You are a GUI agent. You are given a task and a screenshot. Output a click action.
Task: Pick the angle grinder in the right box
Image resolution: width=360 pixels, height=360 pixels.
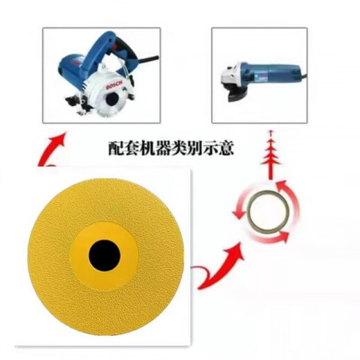click(x=259, y=71)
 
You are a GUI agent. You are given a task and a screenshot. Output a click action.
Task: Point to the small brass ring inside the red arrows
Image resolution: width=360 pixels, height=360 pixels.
click(x=264, y=206)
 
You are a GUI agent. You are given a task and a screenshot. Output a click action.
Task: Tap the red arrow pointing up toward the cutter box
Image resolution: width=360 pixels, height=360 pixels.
click(x=55, y=145)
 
